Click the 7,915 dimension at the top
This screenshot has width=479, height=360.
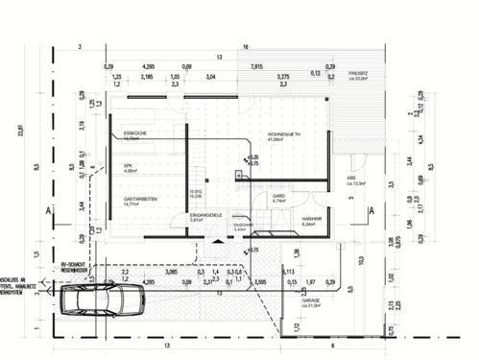pyautogui.click(x=256, y=65)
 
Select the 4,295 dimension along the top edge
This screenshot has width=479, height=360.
pyautogui.click(x=148, y=65)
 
